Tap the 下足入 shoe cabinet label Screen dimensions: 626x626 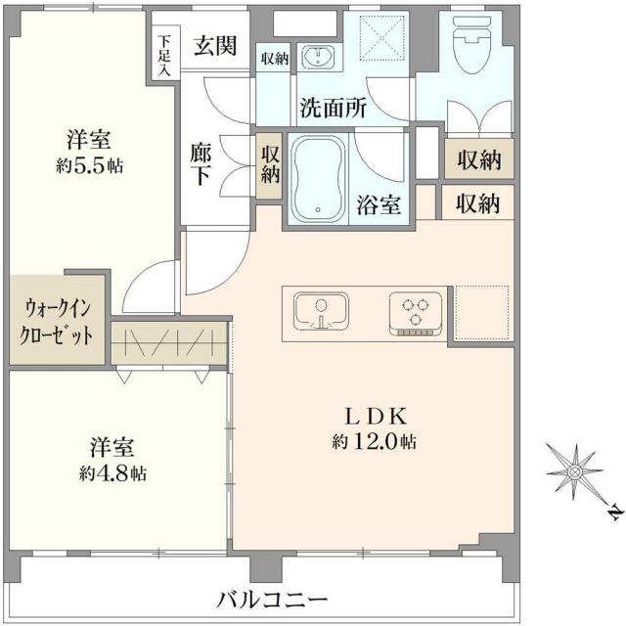163,55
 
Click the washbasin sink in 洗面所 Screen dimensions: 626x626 315,59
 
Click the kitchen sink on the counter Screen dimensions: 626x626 320,312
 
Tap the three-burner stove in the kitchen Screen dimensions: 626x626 413,312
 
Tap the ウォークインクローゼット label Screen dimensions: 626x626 55,320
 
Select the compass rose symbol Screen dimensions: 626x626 575,471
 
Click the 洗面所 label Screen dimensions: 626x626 334,108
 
